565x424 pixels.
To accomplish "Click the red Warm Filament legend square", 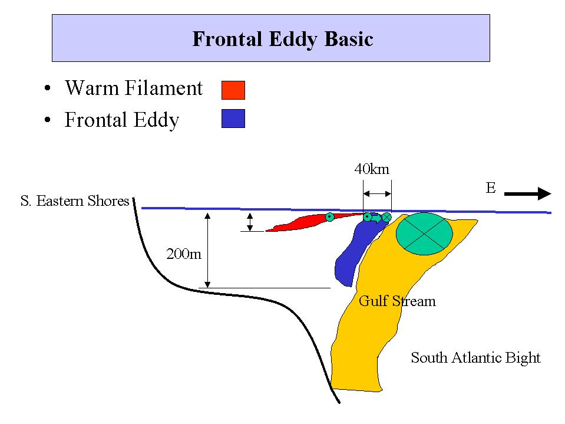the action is [x=233, y=90].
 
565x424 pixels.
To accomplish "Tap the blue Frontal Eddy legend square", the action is [x=233, y=119].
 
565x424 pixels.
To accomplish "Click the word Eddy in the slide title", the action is [x=293, y=40].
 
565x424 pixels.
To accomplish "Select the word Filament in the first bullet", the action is [x=164, y=88].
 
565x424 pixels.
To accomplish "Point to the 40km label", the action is [x=372, y=169].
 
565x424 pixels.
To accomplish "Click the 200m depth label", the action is [x=184, y=254].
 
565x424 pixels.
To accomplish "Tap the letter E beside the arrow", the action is [x=491, y=188].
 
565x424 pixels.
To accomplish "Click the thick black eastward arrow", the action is [x=527, y=193].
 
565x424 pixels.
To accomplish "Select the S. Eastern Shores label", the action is [x=75, y=201].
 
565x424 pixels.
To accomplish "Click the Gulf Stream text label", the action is [x=397, y=301].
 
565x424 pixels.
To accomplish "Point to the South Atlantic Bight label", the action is [x=475, y=358].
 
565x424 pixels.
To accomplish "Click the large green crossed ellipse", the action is [x=424, y=234].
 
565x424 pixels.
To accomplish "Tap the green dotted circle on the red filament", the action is [x=329, y=217].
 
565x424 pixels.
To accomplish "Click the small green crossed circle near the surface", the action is [x=386, y=217].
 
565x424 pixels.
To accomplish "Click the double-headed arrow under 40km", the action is [x=377, y=194].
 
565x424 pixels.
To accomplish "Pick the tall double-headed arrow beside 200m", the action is [x=207, y=250].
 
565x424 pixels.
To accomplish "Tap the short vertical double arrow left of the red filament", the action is [x=250, y=222].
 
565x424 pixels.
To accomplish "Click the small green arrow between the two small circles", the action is [x=376, y=218].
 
